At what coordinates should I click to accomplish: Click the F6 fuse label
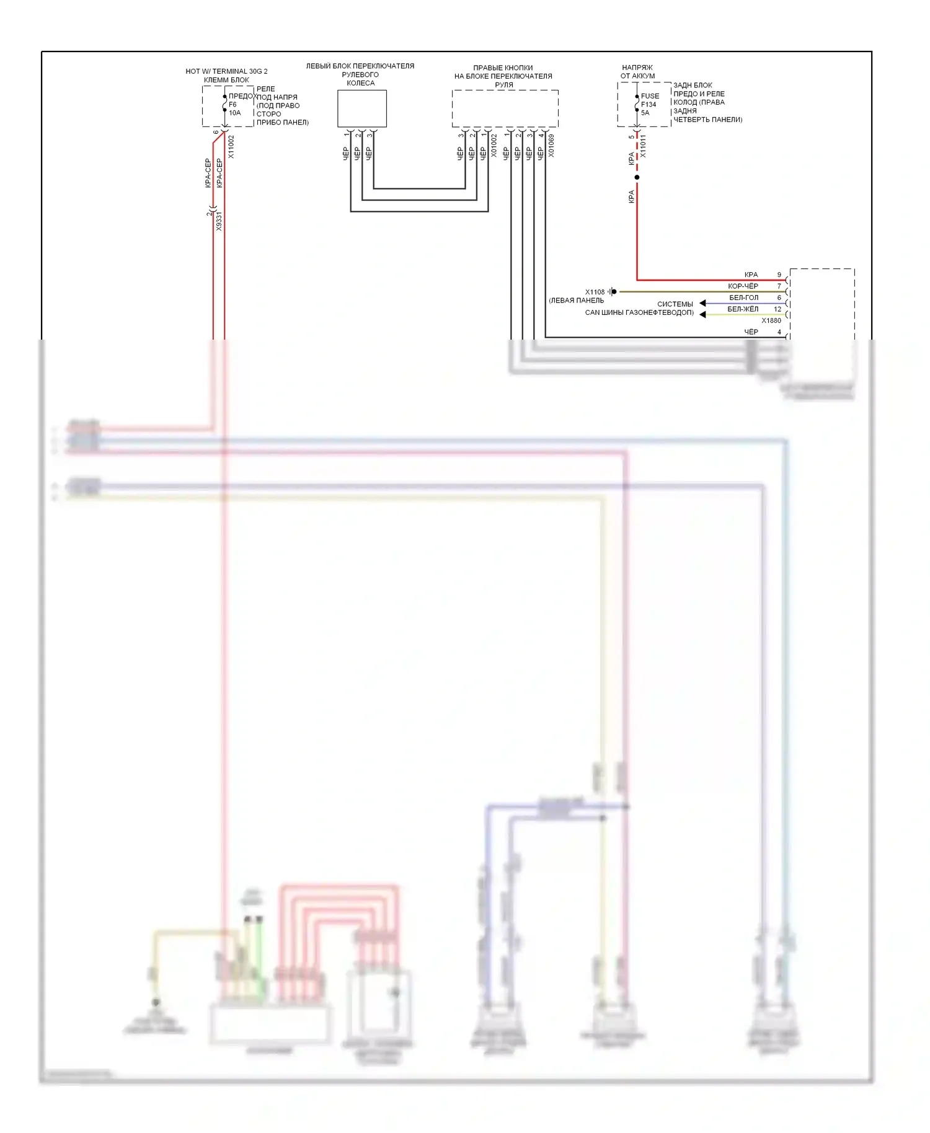click(232, 105)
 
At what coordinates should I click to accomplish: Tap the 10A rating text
click(234, 113)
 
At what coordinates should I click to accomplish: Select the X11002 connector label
click(231, 147)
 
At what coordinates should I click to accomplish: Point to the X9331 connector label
click(219, 221)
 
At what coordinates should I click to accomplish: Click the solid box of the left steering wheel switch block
click(362, 108)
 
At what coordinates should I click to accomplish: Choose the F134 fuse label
click(649, 105)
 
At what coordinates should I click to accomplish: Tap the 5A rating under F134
click(645, 113)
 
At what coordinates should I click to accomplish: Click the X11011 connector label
click(643, 146)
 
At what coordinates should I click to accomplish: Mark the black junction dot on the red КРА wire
click(637, 177)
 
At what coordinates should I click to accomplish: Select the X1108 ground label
click(595, 292)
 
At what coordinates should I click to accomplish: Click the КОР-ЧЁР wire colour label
click(743, 286)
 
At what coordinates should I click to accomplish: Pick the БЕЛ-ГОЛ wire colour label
click(743, 298)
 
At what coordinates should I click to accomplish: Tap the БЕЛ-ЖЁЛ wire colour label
click(743, 309)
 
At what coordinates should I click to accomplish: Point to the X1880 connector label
click(771, 320)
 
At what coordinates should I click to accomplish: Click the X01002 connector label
click(494, 146)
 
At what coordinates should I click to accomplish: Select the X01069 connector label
click(551, 146)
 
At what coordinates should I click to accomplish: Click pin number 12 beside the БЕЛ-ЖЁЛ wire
click(777, 309)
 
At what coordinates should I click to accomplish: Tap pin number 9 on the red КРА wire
click(779, 275)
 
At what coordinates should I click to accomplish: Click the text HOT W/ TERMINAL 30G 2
click(226, 71)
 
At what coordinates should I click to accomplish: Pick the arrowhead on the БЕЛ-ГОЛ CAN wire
click(702, 303)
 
